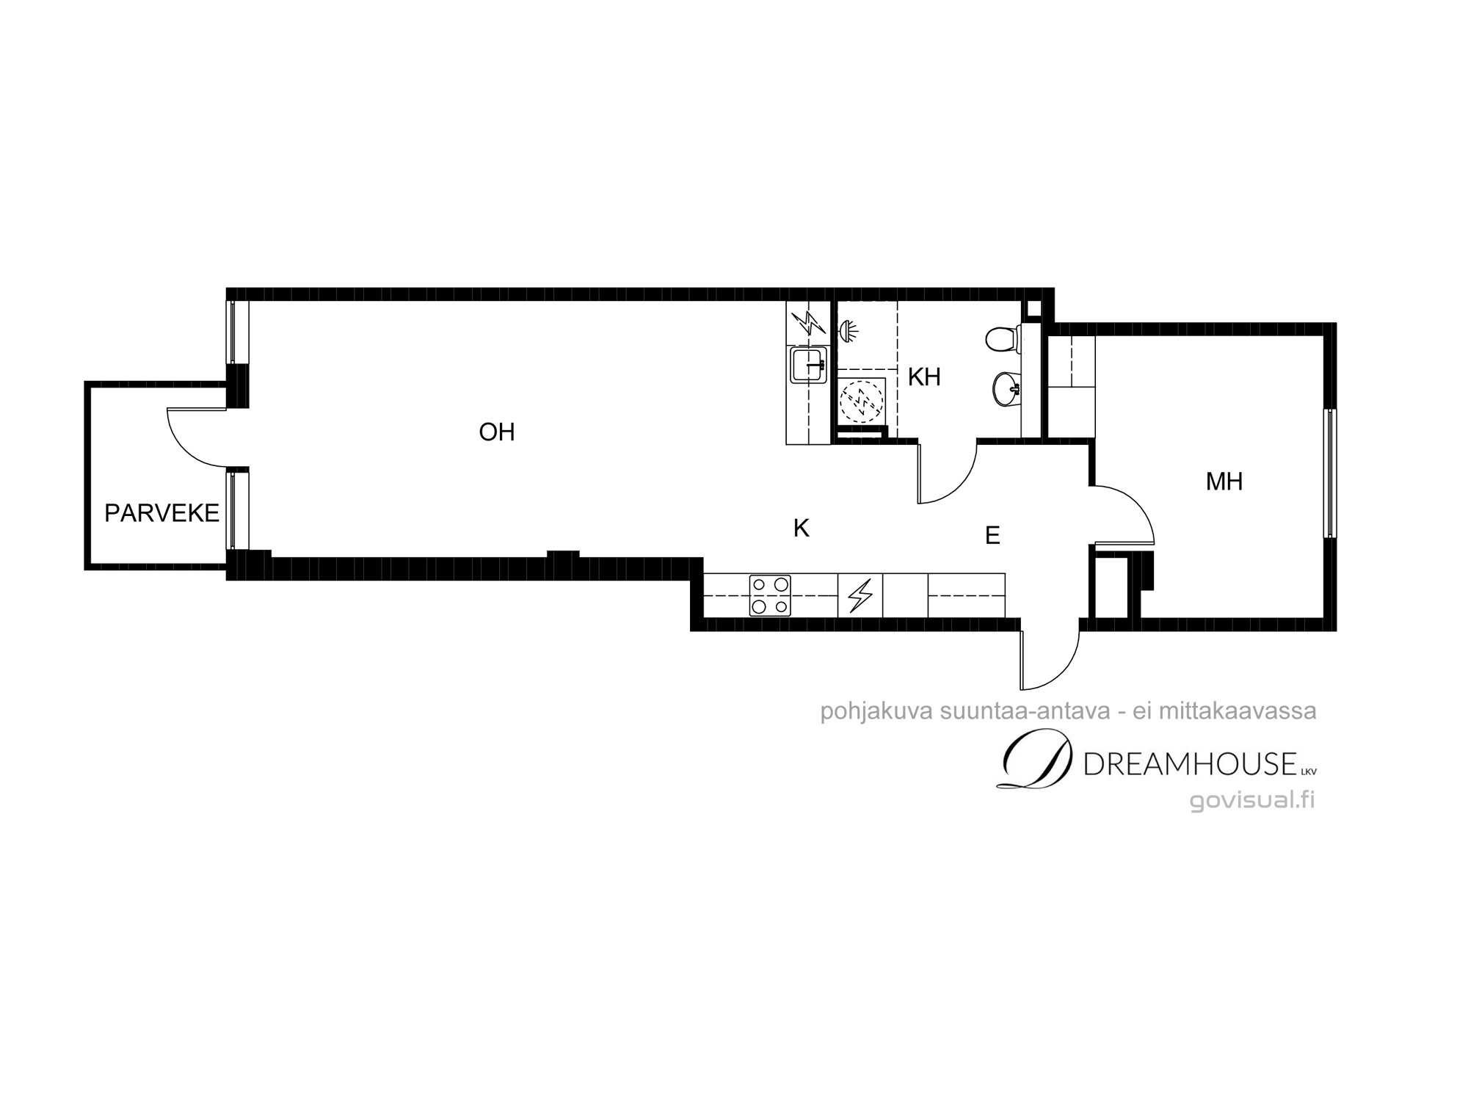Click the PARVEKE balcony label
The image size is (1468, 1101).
point(162,513)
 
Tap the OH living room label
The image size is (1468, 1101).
point(497,432)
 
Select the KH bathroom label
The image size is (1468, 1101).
point(924,377)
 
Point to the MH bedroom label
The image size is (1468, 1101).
point(1224,482)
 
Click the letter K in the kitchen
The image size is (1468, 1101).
point(802,528)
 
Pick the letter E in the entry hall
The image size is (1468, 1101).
point(992,536)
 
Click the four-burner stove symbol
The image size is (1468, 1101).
point(770,595)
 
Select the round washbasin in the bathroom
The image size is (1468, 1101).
point(1005,388)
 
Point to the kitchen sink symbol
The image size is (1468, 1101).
point(810,365)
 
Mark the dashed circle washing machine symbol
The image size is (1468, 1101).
point(862,401)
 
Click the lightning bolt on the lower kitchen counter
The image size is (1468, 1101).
point(860,595)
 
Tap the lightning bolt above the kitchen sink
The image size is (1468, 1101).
point(808,322)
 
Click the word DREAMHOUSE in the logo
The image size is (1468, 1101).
point(1190,765)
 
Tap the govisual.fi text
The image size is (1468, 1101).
point(1252,800)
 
